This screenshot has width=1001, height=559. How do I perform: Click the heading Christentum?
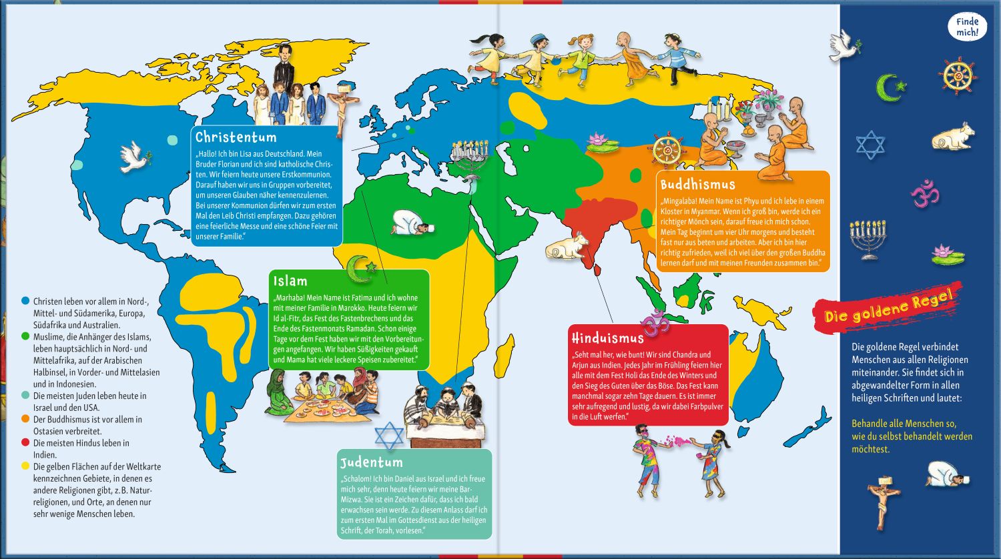tap(236, 137)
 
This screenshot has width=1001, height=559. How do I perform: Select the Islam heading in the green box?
tap(290, 281)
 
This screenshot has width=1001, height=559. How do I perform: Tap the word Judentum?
tap(371, 462)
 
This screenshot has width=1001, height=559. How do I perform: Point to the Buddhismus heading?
tap(697, 184)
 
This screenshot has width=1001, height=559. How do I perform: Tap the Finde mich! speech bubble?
tap(967, 27)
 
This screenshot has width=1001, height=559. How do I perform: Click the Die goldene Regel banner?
tap(887, 308)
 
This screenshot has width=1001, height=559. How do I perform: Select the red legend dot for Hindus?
tap(25, 443)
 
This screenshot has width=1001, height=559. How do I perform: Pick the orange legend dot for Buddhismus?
tap(25, 420)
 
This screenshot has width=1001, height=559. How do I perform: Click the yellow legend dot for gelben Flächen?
tap(25, 467)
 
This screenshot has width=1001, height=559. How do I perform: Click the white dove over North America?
tap(131, 156)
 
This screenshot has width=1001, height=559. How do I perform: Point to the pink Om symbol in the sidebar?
tap(925, 193)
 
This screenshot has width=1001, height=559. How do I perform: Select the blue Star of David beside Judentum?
tap(389, 436)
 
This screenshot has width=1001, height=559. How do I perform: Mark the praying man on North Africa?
tap(411, 223)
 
